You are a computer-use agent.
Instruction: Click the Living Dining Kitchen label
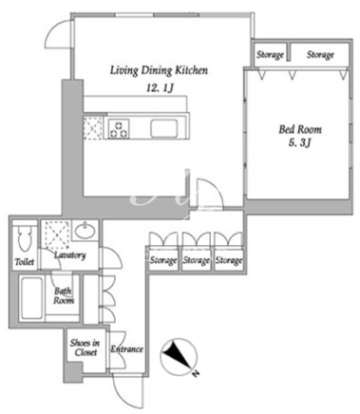pyautogui.click(x=159, y=70)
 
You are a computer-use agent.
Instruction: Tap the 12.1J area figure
pyautogui.click(x=160, y=87)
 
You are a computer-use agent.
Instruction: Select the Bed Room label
pyautogui.click(x=300, y=129)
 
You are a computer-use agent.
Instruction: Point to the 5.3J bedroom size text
pyautogui.click(x=299, y=143)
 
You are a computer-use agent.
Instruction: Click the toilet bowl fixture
pyautogui.click(x=25, y=237)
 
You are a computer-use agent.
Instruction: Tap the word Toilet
pyautogui.click(x=25, y=262)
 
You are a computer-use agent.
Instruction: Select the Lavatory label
pyautogui.click(x=70, y=255)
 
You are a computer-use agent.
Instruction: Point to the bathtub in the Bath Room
pyautogui.click(x=31, y=298)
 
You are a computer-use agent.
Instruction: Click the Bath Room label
pyautogui.click(x=64, y=295)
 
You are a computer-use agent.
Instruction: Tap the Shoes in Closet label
pyautogui.click(x=85, y=348)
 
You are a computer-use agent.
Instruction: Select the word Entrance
pyautogui.click(x=126, y=349)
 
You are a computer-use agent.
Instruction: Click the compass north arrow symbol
pyautogui.click(x=178, y=356)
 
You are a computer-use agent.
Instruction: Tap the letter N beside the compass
pyautogui.click(x=197, y=374)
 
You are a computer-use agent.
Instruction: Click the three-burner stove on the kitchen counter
pyautogui.click(x=119, y=129)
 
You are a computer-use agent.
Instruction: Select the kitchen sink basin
pyautogui.click(x=163, y=128)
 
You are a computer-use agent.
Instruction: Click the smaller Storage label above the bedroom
pyautogui.click(x=270, y=55)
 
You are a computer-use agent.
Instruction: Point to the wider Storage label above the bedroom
pyautogui.click(x=320, y=55)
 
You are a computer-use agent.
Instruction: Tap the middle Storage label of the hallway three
pyautogui.click(x=197, y=260)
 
